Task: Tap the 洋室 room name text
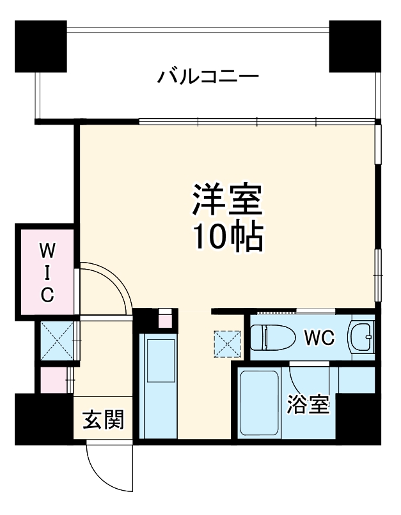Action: coord(228,201)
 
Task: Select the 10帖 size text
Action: coord(228,238)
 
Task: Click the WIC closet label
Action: coord(47,271)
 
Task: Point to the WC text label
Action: coord(318,337)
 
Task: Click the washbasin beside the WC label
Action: coord(361,335)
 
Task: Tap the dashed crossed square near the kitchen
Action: coord(228,344)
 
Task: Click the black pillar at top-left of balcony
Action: coord(42,46)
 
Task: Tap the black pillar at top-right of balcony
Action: coord(355,46)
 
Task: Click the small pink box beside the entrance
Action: coord(53,380)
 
